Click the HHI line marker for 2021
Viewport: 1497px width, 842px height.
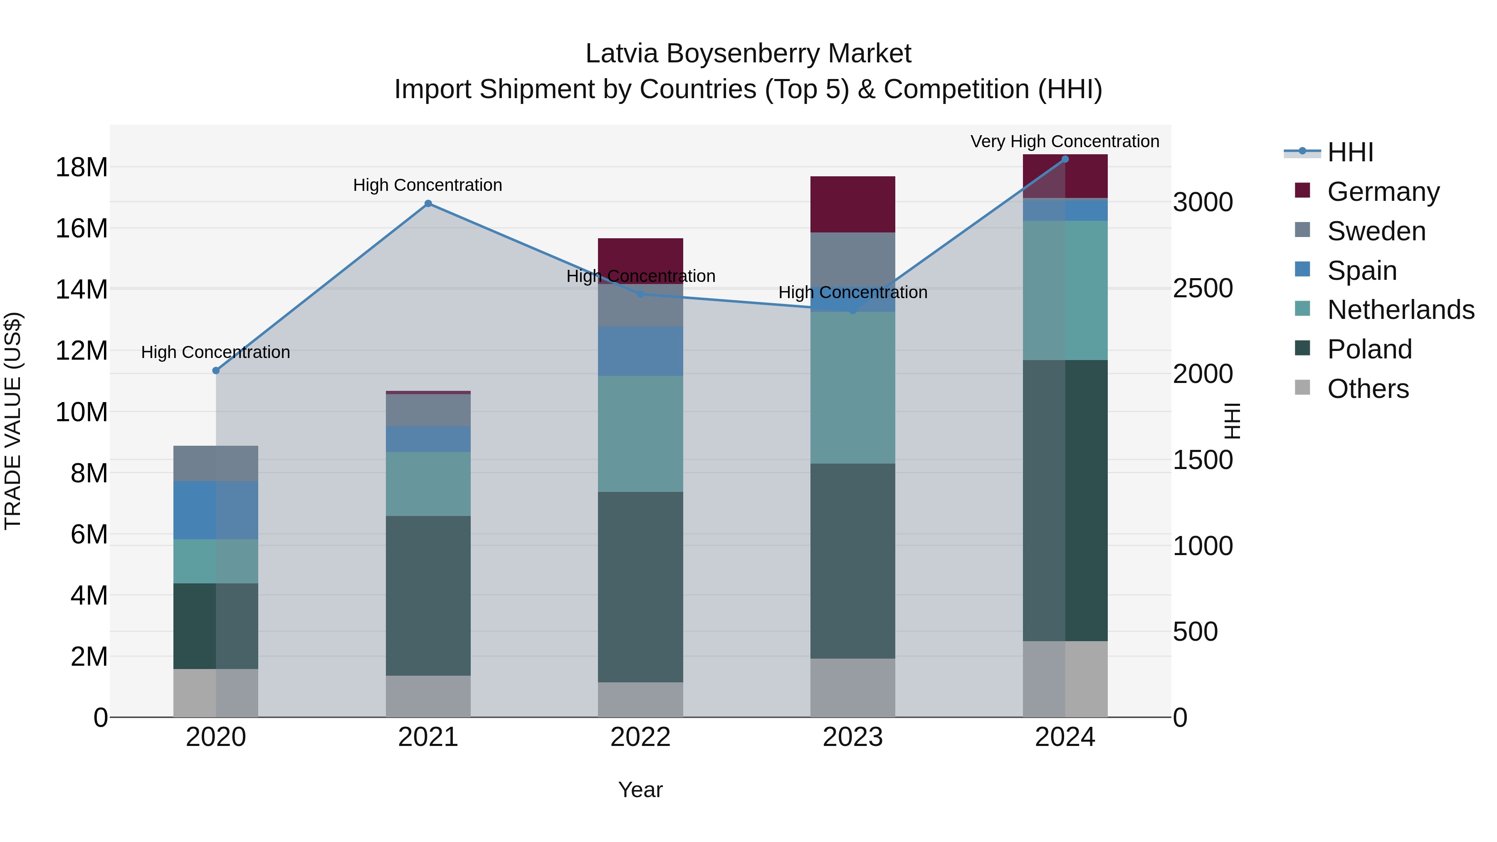428,203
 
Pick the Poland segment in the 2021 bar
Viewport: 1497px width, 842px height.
428,595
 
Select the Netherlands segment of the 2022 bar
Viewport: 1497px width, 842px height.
640,434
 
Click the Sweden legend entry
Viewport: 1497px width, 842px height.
1376,231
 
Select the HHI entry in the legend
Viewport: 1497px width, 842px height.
1349,152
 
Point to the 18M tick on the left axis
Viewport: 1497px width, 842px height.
82,167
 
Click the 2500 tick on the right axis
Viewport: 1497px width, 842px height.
1202,288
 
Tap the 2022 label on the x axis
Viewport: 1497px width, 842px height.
640,737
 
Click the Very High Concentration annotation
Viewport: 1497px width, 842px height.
1064,141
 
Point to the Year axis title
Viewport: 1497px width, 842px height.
640,790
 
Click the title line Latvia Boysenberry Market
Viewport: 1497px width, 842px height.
748,54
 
